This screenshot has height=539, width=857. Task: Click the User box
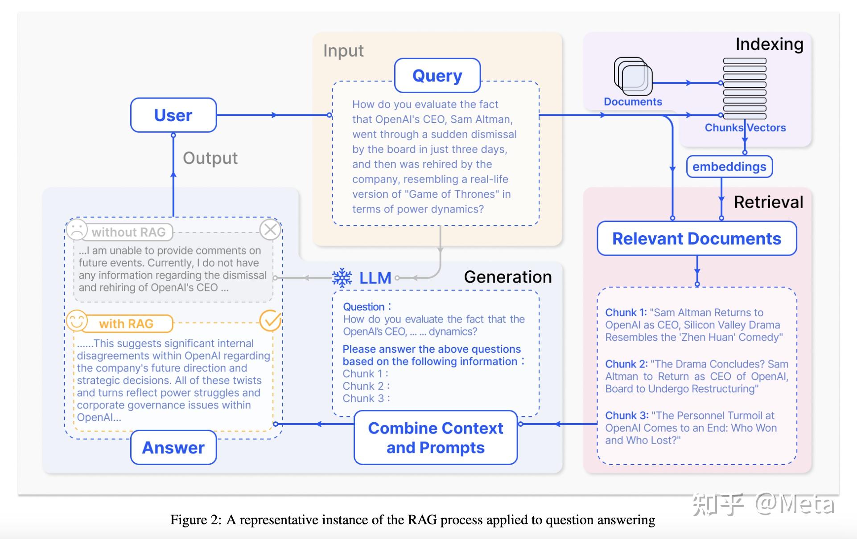173,115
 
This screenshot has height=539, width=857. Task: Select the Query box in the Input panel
437,76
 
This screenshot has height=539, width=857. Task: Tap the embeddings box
729,167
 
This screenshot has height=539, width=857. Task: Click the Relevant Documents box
696,239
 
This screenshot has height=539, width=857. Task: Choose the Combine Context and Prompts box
435,437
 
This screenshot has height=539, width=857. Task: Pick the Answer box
173,447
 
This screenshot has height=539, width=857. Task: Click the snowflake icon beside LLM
342,278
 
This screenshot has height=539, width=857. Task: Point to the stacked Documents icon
633,76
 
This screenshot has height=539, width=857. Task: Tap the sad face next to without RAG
76,229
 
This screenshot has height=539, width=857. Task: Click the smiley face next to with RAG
76,321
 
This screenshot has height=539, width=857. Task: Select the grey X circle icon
270,229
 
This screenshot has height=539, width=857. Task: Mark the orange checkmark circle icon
270,321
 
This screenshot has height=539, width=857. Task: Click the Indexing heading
769,44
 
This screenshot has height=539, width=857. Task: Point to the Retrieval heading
768,202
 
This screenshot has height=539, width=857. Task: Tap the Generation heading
507,277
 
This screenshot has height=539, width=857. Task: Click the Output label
210,158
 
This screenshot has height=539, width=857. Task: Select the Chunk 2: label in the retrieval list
626,364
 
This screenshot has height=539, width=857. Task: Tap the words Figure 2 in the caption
195,520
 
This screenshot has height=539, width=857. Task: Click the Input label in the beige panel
343,51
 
